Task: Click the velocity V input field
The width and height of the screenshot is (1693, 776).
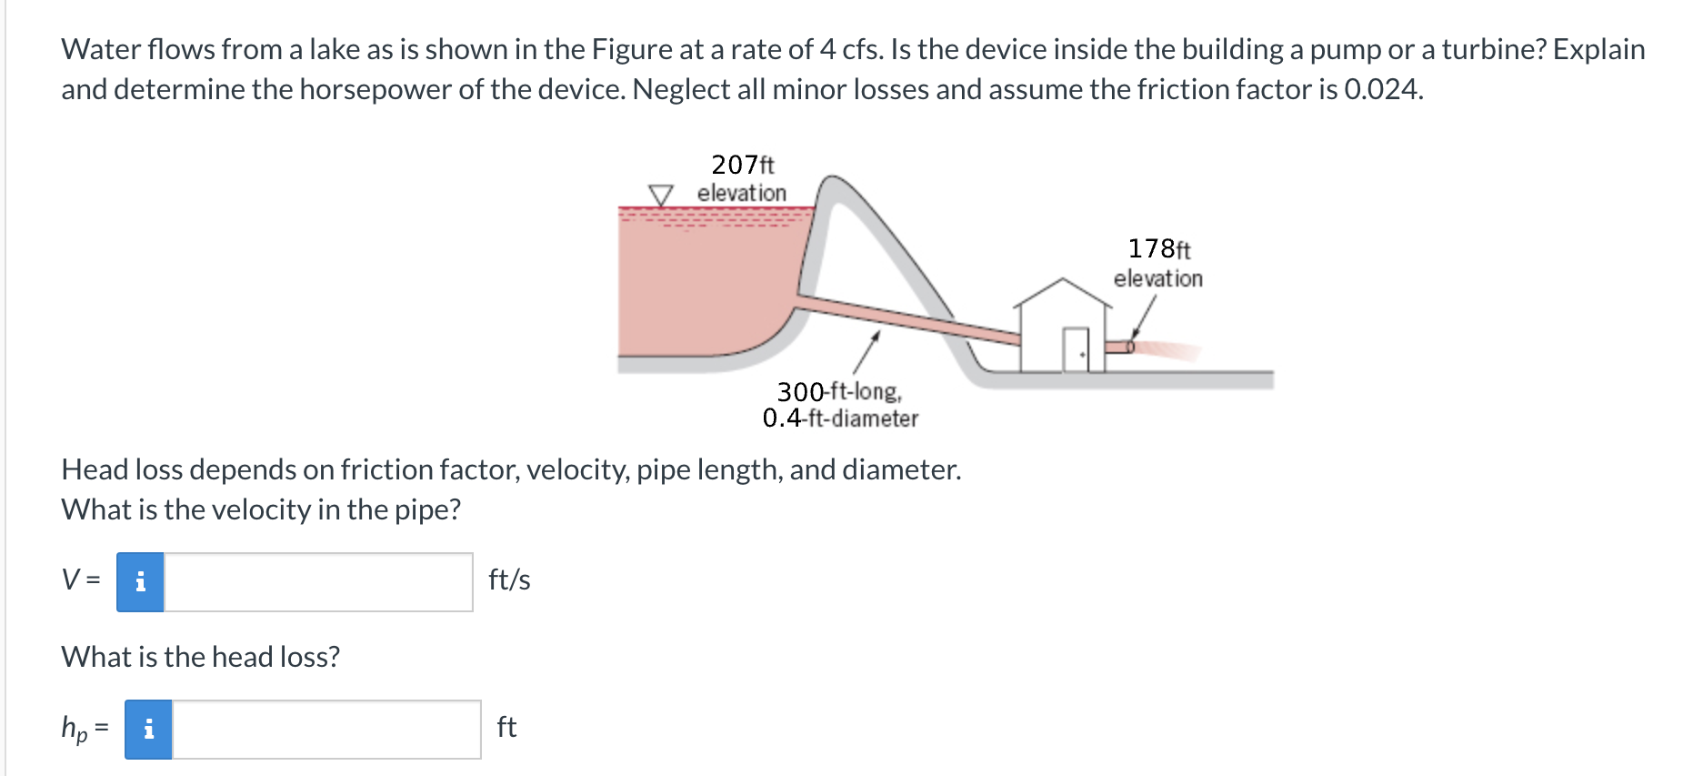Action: point(318,582)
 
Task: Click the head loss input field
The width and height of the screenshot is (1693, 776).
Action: point(326,730)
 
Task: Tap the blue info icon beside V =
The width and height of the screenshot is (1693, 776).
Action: point(140,582)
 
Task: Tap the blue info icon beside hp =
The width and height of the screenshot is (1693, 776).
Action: point(148,730)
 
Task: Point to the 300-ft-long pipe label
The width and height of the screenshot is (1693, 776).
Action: point(838,391)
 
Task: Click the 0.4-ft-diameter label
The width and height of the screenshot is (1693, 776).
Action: point(840,418)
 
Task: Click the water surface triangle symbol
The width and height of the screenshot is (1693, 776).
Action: point(661,195)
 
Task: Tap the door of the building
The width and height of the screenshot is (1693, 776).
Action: point(1076,349)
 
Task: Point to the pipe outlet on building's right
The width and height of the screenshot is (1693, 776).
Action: point(1120,347)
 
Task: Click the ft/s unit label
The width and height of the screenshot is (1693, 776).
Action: point(509,580)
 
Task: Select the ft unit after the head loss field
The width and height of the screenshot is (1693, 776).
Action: point(506,727)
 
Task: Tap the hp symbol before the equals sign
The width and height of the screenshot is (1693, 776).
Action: point(74,729)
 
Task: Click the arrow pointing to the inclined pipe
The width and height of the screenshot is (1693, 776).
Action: point(866,353)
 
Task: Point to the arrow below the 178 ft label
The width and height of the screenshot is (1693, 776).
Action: point(1143,317)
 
